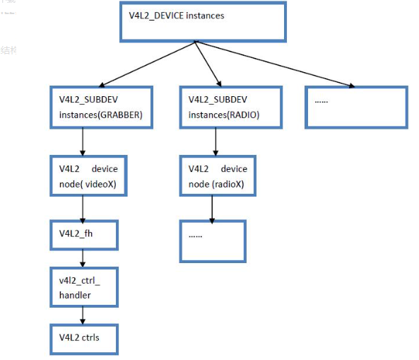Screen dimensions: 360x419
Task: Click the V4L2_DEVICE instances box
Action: [x=203, y=21]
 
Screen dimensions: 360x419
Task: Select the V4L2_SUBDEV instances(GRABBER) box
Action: [x=102, y=107]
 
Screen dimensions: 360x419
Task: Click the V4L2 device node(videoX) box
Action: [x=83, y=175]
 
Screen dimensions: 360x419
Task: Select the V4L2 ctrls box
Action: [x=83, y=338]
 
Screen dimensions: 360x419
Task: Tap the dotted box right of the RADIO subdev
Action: [x=357, y=107]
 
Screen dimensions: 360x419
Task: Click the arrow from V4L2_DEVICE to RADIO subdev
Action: [x=207, y=64]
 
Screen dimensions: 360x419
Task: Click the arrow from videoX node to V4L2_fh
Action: [x=83, y=209]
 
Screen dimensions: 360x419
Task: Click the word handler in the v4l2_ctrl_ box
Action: [x=75, y=294]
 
